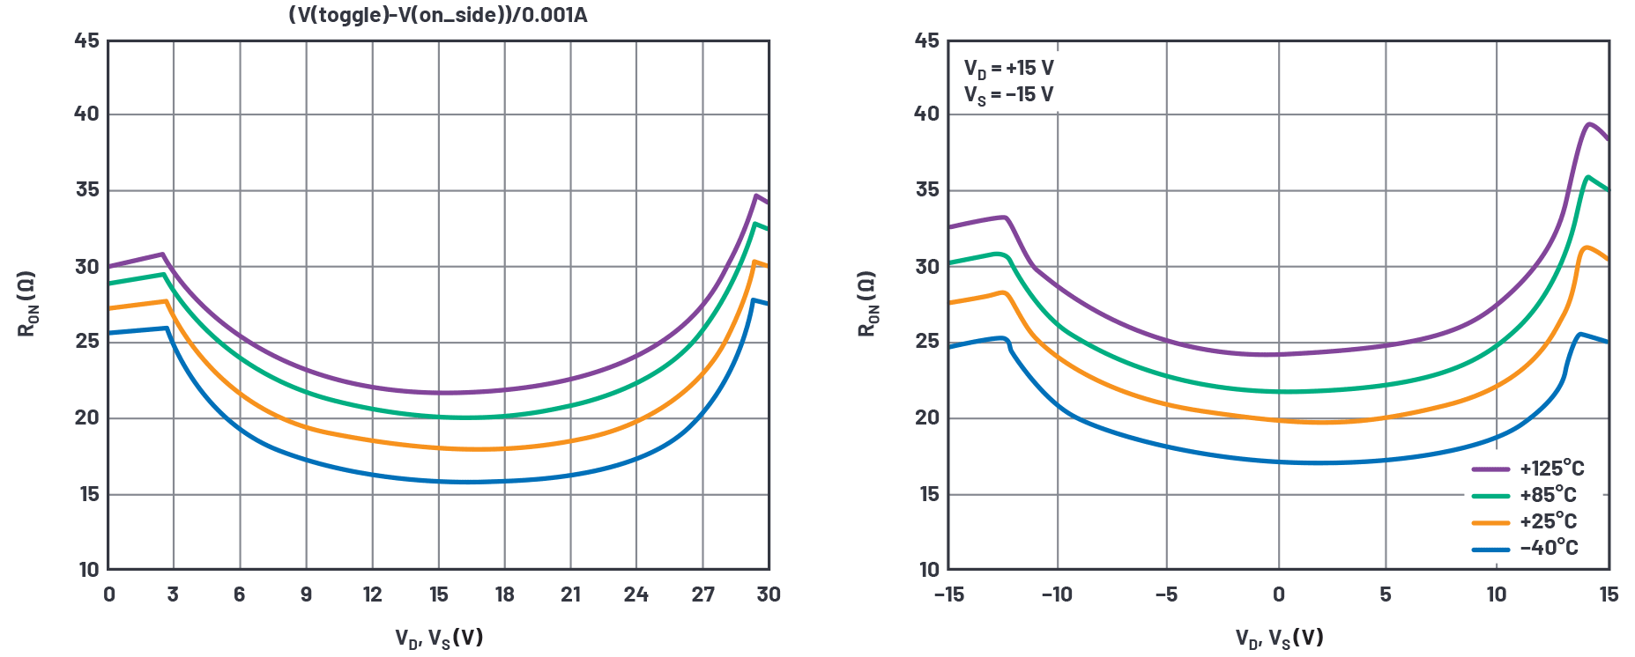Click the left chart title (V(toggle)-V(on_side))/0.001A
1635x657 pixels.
click(x=438, y=15)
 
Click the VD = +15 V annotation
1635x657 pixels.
click(x=1008, y=69)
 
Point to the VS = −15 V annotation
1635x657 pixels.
click(x=1008, y=95)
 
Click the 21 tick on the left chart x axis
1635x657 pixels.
click(x=570, y=594)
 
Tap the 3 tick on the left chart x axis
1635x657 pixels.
click(x=173, y=594)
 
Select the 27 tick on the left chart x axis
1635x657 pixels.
click(x=702, y=594)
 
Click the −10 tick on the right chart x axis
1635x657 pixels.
click(x=1057, y=594)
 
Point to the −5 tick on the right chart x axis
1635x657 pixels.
click(x=1166, y=594)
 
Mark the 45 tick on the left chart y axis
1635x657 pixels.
click(x=87, y=41)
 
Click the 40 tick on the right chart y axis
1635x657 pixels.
click(x=927, y=114)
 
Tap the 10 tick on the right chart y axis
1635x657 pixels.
click(x=929, y=570)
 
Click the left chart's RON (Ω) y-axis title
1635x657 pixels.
click(x=27, y=304)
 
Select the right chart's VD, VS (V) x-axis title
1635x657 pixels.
click(x=1279, y=638)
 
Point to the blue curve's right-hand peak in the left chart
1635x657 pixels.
click(x=753, y=300)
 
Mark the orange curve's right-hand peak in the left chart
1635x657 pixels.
click(x=754, y=262)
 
